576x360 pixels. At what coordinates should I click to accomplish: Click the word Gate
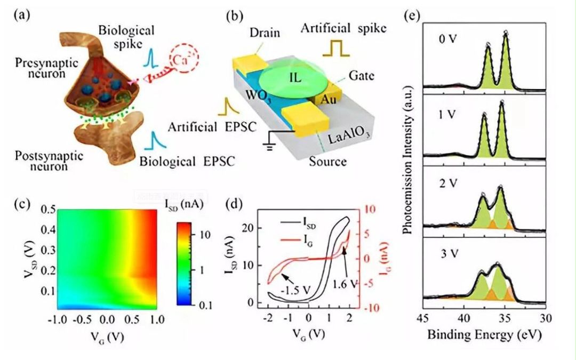[363, 76]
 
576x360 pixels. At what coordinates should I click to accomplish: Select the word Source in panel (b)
[327, 161]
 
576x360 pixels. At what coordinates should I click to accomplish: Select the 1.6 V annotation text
[343, 284]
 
